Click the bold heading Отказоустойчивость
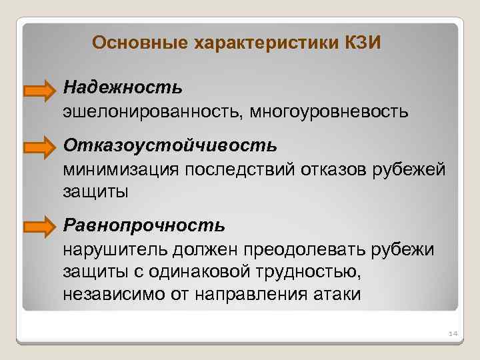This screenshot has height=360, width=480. (169, 145)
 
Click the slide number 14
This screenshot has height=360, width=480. (451, 333)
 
